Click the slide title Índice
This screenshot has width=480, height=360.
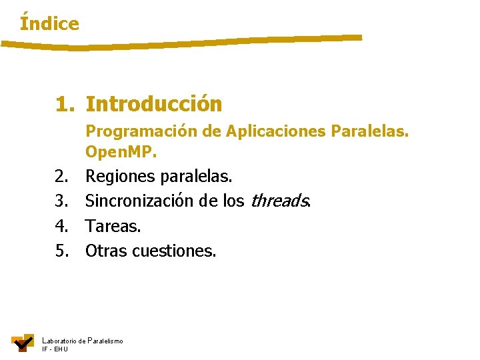[49, 24]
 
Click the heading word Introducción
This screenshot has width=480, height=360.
[154, 105]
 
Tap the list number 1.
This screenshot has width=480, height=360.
[65, 105]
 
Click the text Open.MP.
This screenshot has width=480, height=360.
[121, 153]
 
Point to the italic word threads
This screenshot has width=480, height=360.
[279, 201]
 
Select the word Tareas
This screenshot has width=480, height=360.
[113, 226]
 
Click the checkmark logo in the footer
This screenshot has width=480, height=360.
[23, 342]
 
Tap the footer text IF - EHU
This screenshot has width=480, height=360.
[55, 349]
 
